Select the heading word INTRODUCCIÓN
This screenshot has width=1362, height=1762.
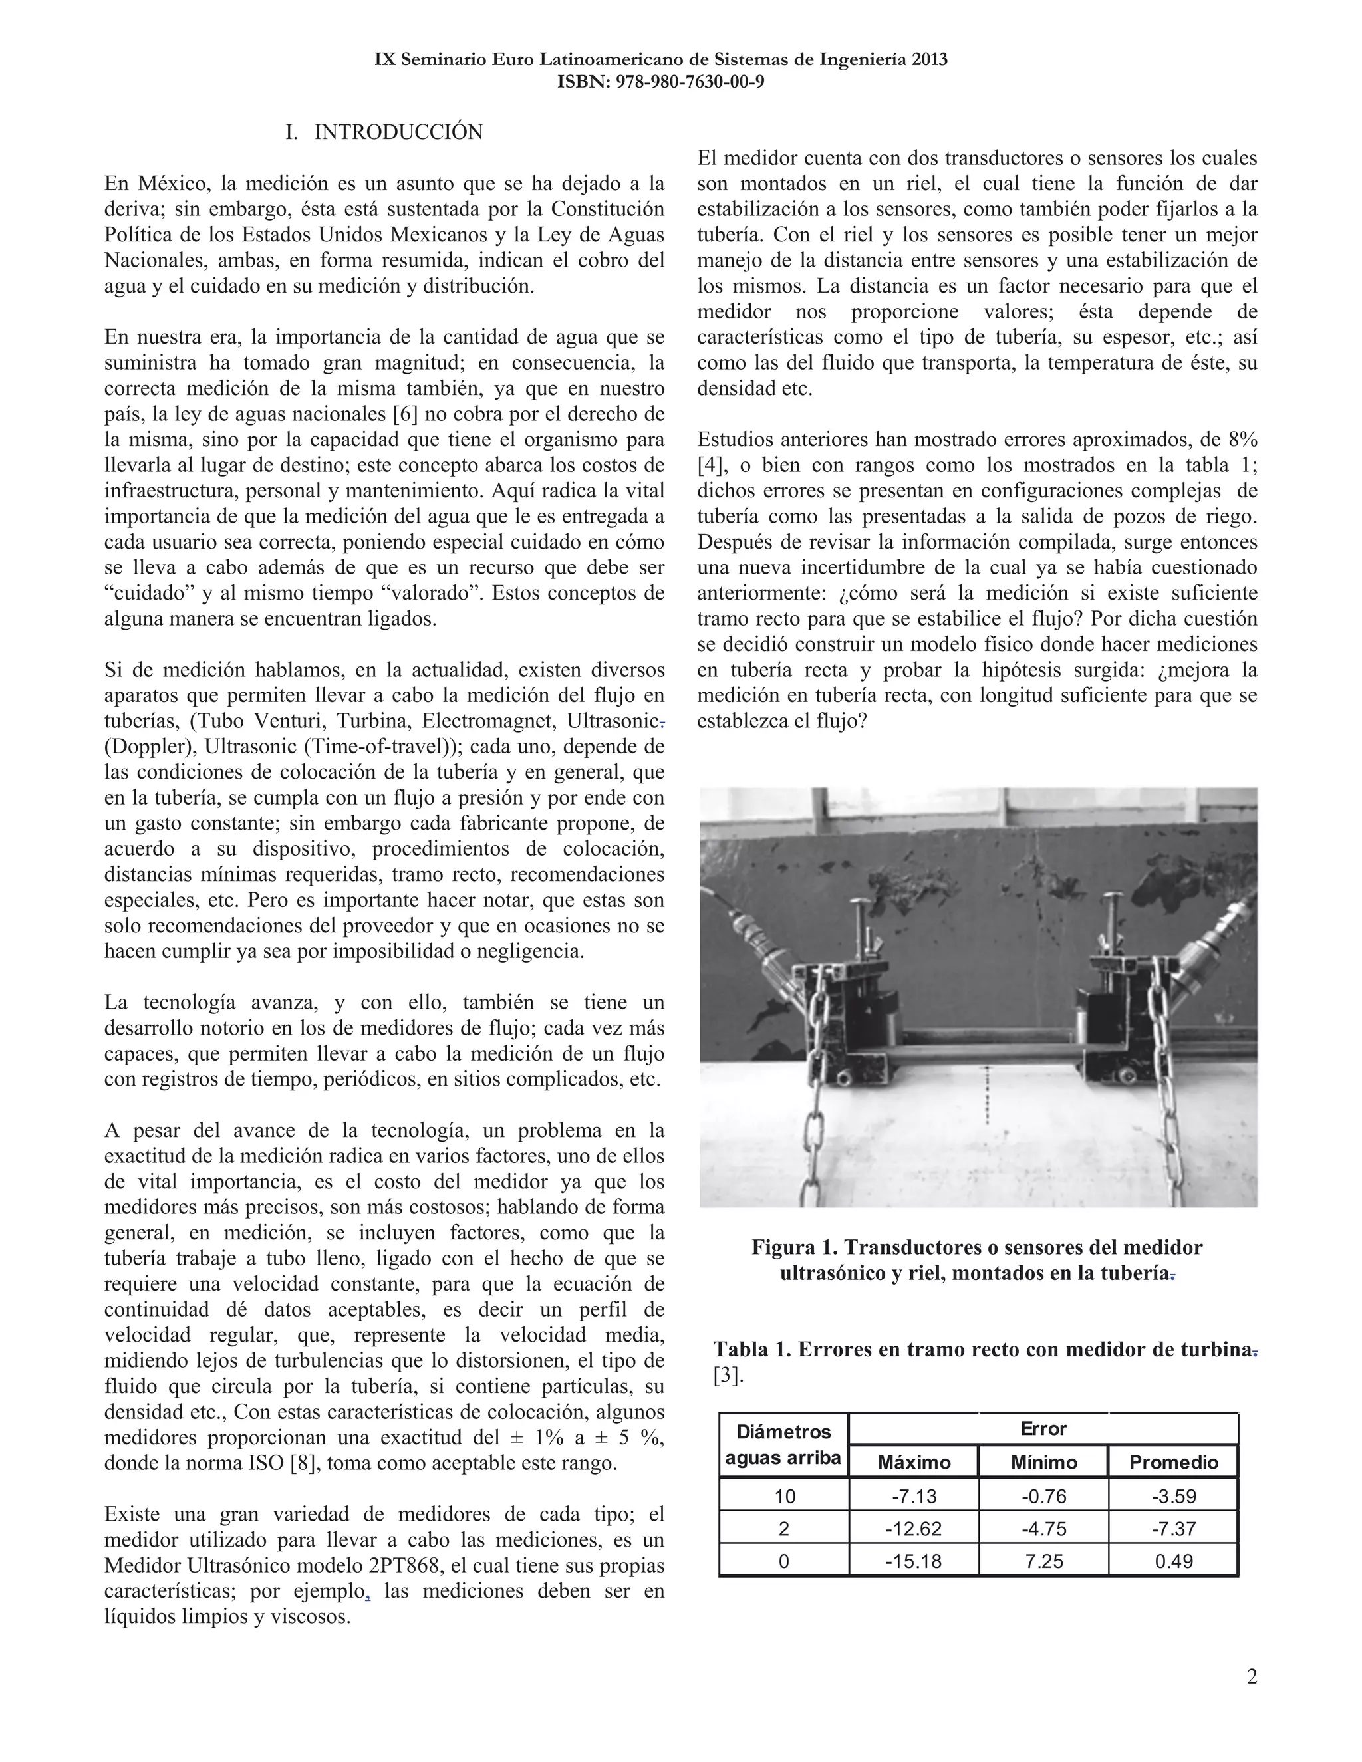398,132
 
